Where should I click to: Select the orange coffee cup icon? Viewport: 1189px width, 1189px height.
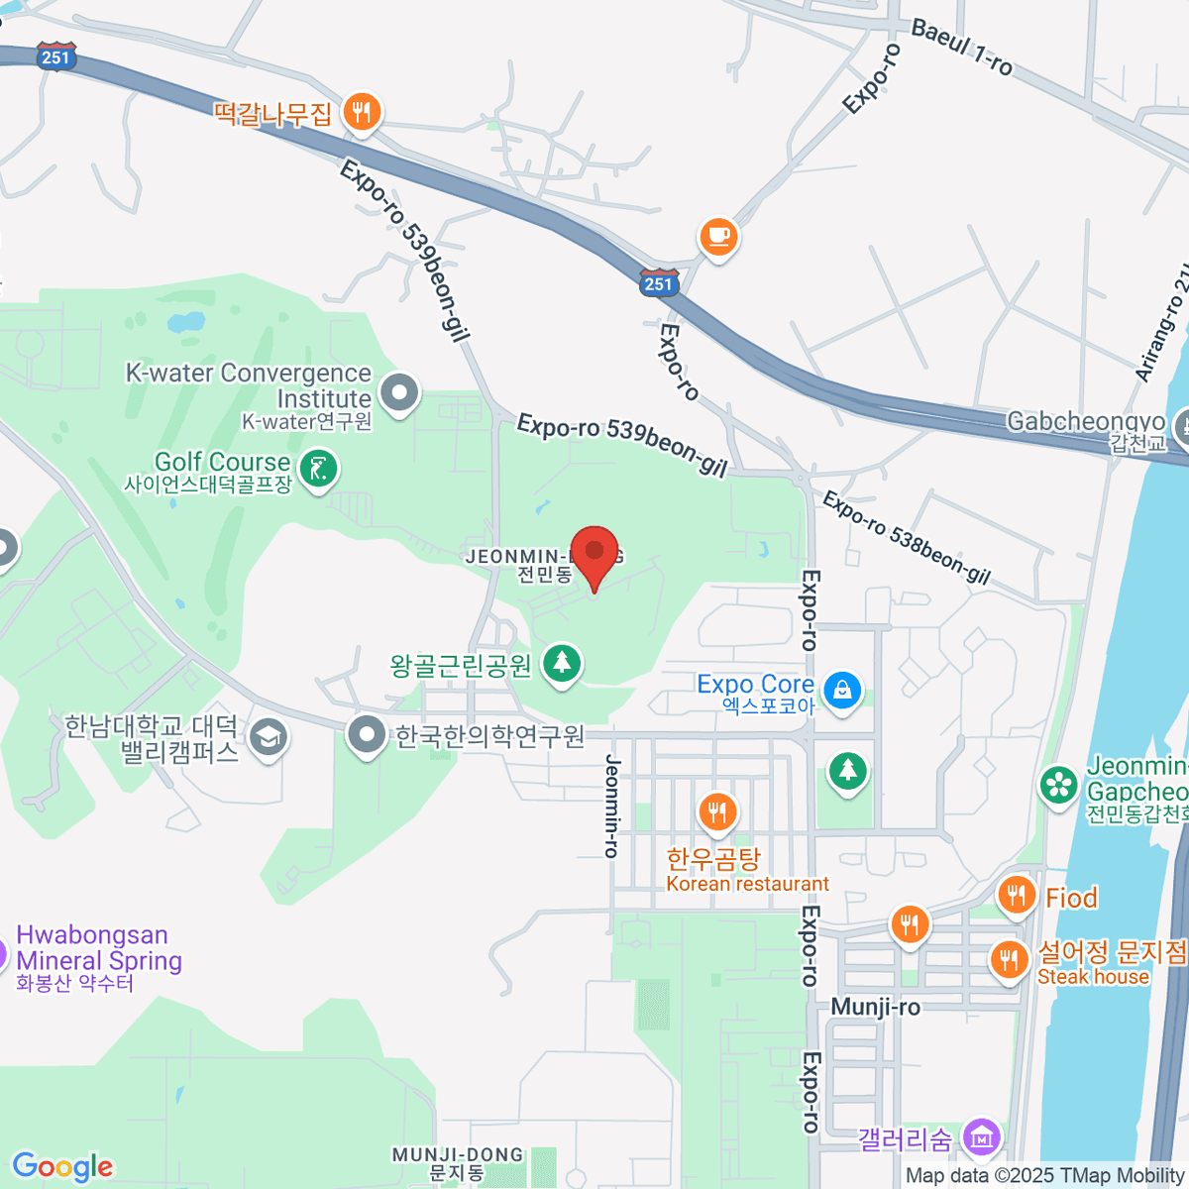(x=718, y=237)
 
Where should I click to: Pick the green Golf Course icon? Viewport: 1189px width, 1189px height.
(x=318, y=469)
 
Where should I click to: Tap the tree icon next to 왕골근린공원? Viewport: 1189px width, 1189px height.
(x=562, y=662)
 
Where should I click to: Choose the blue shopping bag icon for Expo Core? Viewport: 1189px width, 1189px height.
(x=842, y=691)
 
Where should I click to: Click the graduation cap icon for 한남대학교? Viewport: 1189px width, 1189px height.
(x=269, y=737)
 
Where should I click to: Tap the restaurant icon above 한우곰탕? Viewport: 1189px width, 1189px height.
(x=717, y=813)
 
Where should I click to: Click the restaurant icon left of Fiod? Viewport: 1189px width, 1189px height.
(x=1016, y=896)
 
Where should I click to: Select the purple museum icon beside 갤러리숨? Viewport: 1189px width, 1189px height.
(x=982, y=1136)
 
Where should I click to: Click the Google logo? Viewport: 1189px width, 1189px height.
(x=62, y=1166)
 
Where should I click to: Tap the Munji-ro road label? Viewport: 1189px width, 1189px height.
(x=875, y=1007)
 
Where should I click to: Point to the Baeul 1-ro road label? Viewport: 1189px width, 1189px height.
(x=961, y=47)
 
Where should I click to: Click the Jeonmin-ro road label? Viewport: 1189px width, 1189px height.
(x=612, y=805)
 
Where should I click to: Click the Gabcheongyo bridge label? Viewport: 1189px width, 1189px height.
(x=1086, y=422)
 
